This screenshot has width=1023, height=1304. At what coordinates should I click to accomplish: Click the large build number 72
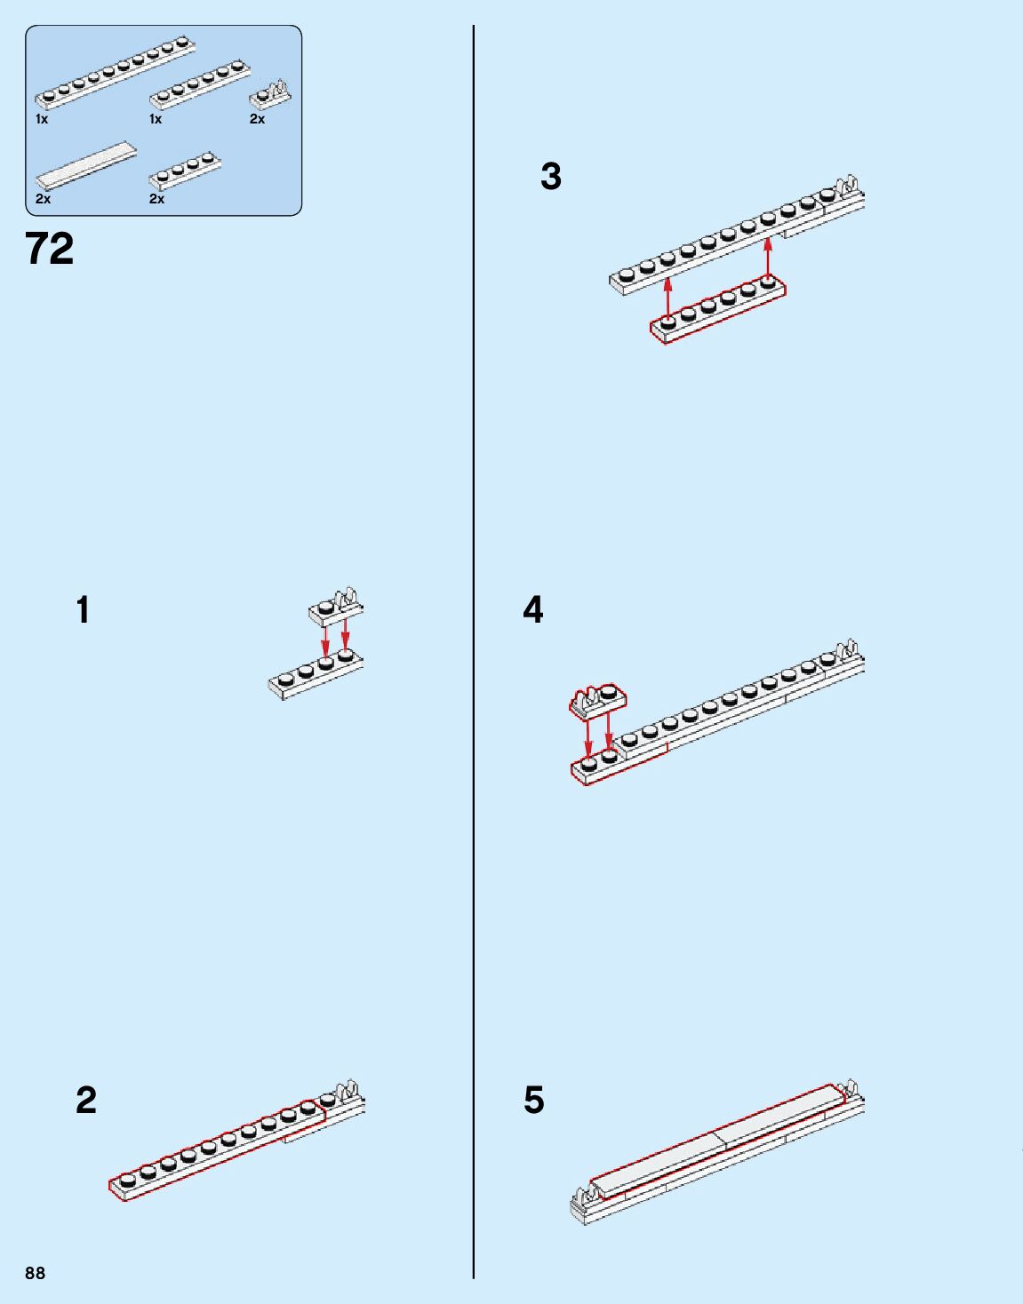tap(50, 249)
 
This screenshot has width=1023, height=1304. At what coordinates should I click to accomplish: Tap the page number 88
tap(35, 1273)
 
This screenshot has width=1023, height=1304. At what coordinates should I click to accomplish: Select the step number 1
tap(83, 611)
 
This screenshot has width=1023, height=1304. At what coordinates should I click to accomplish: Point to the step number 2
tap(85, 1101)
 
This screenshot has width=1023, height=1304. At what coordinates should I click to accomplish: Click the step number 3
tap(551, 177)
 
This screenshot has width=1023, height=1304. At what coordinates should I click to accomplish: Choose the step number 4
tap(532, 610)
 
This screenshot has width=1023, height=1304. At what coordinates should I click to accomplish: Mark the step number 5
tap(533, 1101)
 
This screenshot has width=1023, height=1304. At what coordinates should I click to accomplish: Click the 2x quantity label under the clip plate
tap(257, 119)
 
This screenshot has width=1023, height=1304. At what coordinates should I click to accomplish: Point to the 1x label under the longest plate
tap(42, 119)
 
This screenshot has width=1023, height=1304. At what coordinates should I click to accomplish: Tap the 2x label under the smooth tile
tap(43, 199)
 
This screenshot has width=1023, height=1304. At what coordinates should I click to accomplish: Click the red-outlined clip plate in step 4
tap(597, 698)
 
